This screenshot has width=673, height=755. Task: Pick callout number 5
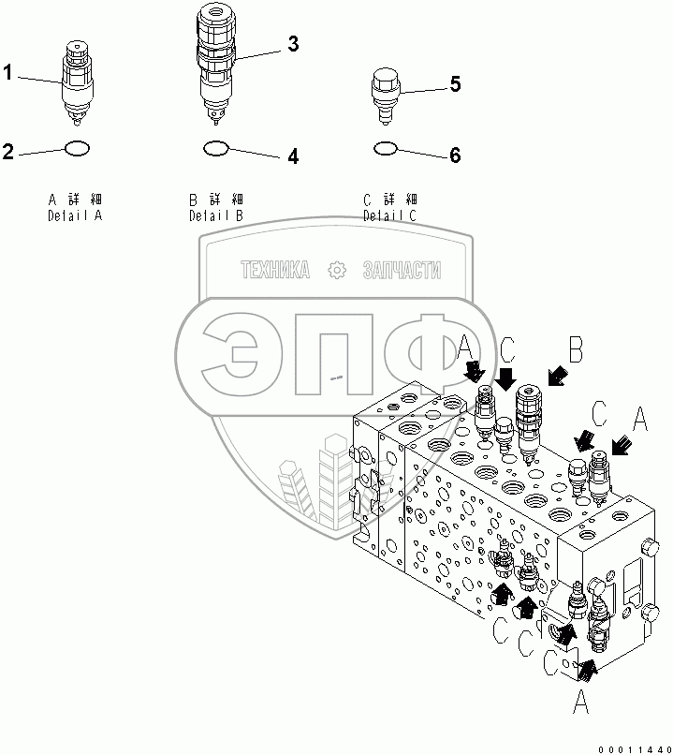click(x=455, y=84)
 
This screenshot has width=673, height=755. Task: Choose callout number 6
click(x=455, y=155)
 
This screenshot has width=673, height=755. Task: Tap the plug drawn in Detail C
click(x=384, y=93)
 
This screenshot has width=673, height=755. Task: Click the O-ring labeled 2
click(x=78, y=147)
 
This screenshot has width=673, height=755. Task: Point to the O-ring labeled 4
click(x=215, y=147)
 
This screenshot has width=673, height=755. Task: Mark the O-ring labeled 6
click(x=385, y=147)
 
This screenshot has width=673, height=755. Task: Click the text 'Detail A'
click(x=74, y=215)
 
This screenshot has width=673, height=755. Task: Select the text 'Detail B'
click(x=215, y=215)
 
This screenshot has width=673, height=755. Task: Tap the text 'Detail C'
click(x=390, y=215)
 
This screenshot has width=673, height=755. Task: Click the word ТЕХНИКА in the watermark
click(x=276, y=272)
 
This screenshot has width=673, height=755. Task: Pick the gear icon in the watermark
click(x=337, y=272)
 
